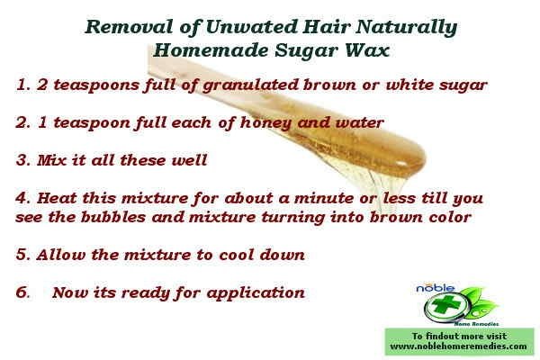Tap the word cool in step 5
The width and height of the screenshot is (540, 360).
point(233,255)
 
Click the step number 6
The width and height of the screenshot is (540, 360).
point(22,292)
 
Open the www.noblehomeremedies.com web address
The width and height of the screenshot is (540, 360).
point(459,345)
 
